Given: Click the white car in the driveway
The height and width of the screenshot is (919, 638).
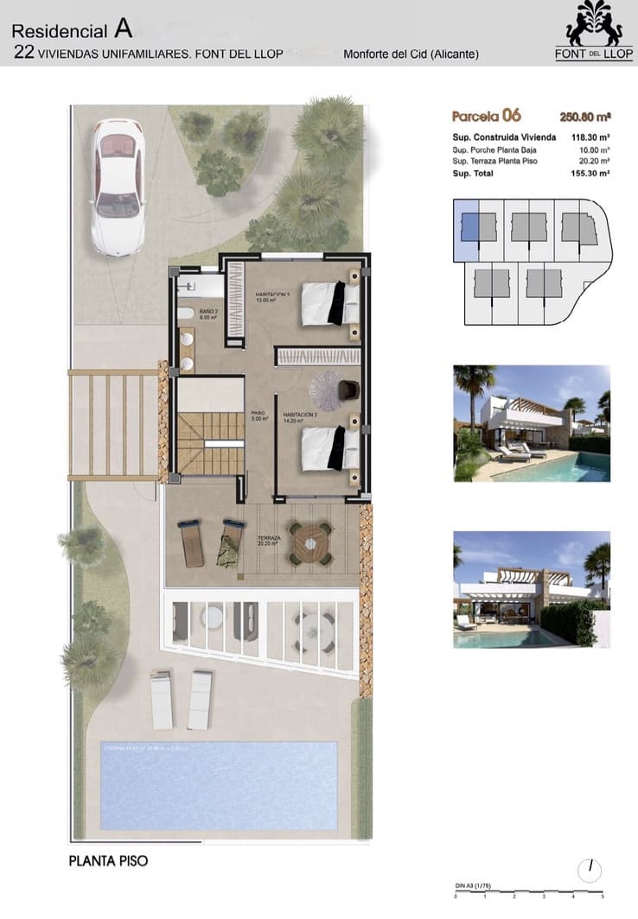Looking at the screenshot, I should (118, 187).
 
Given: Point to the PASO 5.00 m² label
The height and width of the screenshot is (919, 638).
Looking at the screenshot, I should (258, 415).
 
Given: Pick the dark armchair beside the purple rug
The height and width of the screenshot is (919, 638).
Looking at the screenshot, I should (348, 390).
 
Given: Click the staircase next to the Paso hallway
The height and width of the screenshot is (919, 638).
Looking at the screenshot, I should (209, 442).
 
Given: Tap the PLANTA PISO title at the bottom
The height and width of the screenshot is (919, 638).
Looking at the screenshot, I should (108, 861).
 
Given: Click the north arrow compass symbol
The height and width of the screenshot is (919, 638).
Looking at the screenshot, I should (590, 868).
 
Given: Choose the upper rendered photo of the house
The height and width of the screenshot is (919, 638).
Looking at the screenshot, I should (532, 423).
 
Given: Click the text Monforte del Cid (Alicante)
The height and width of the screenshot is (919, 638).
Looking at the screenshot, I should (411, 54).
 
